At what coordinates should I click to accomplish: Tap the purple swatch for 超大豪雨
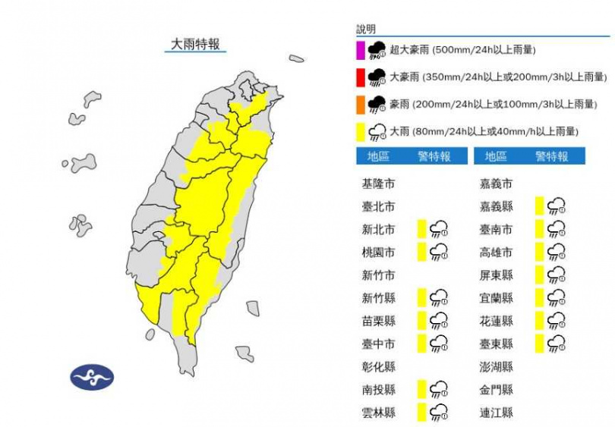(x=361, y=51)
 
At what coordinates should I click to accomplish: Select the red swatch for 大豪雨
(x=361, y=77)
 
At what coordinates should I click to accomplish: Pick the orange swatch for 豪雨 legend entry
(x=361, y=104)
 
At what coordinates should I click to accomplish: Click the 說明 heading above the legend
(x=367, y=30)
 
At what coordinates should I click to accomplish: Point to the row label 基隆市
(x=378, y=184)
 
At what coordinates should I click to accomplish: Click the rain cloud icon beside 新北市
(x=438, y=229)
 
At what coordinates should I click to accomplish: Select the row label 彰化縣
(x=378, y=367)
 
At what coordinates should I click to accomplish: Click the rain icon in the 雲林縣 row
(x=438, y=413)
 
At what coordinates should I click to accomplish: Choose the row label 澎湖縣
(x=496, y=367)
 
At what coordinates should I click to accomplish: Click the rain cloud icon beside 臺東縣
(x=556, y=344)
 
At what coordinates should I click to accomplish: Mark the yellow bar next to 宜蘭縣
(x=539, y=298)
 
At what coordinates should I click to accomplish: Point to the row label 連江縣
(x=496, y=413)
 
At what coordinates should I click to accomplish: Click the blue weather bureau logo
(x=91, y=377)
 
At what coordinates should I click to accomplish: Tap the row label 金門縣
(x=496, y=390)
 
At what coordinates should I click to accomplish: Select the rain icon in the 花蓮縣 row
(x=556, y=321)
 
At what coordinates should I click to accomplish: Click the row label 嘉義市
(x=496, y=184)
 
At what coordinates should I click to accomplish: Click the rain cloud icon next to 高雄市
(x=556, y=252)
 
